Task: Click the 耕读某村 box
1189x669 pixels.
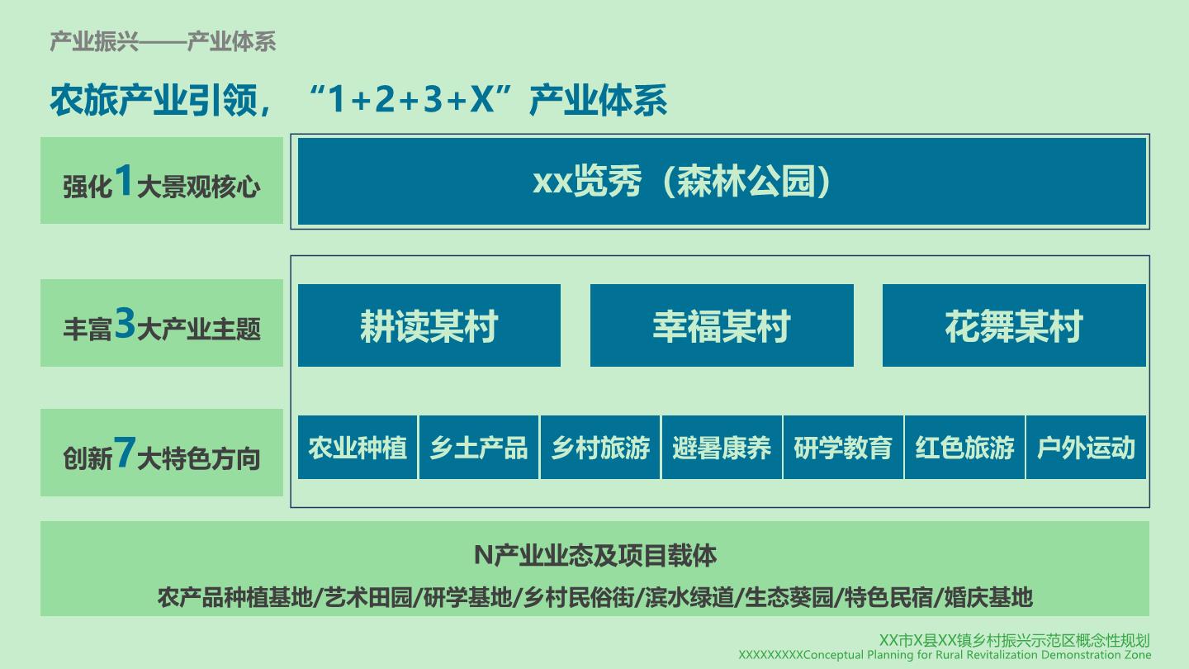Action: coord(429,325)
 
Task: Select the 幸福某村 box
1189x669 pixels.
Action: coord(722,325)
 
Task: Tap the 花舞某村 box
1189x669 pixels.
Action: coord(1014,325)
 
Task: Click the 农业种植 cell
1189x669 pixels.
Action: coord(358,448)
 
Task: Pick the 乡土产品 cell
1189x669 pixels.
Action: coord(479,448)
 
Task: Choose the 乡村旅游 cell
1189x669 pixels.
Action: coord(600,448)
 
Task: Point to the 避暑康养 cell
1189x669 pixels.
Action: coord(722,448)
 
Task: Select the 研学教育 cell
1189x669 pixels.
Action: coord(843,448)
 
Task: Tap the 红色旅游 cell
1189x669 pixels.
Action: coord(964,448)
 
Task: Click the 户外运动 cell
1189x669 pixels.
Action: coord(1086,448)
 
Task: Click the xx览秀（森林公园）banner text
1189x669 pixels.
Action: coord(681,182)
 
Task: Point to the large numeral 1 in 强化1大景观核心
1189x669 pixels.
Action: coord(124,180)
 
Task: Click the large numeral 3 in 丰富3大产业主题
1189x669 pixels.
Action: coord(126,323)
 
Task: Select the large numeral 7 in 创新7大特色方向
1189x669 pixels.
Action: coord(124,453)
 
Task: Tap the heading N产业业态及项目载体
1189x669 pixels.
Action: coord(595,555)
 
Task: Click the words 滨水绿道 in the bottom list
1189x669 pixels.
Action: coord(689,598)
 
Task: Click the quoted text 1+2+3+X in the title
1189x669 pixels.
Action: coord(411,99)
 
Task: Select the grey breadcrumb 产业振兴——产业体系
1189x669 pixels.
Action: coord(163,41)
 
